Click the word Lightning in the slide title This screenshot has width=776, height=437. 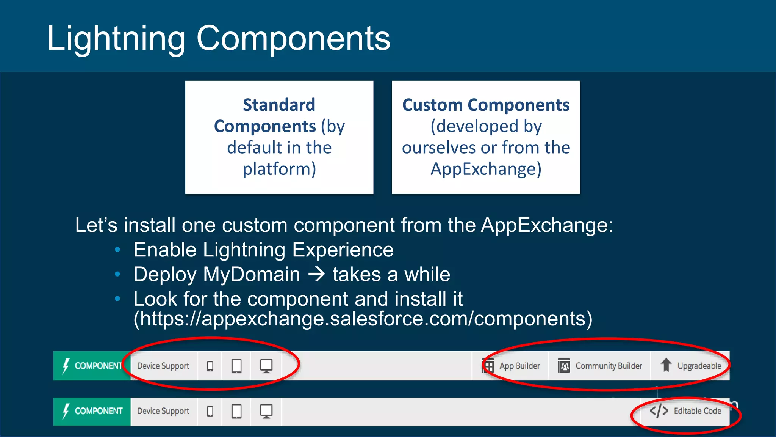click(x=116, y=39)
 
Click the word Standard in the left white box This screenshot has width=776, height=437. click(x=279, y=105)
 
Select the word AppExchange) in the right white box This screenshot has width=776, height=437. click(x=486, y=169)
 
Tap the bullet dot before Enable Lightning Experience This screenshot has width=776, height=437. click(x=117, y=250)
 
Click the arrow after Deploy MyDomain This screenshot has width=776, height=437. click(x=317, y=274)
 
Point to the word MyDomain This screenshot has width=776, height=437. click(x=252, y=274)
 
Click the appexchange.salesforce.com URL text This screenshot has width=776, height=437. click(x=363, y=319)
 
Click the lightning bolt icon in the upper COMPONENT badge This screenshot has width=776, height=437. click(x=66, y=366)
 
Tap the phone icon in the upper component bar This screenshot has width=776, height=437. click(x=210, y=366)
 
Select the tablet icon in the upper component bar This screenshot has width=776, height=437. click(x=236, y=366)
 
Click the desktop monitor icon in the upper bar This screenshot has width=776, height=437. click(x=266, y=366)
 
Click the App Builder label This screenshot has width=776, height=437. click(x=519, y=366)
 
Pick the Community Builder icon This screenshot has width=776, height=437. click(x=564, y=366)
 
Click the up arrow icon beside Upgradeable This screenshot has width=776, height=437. click(x=666, y=365)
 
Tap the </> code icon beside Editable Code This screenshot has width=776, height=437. click(x=659, y=411)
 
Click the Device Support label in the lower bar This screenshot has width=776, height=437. click(x=163, y=411)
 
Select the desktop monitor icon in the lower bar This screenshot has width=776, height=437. click(x=266, y=411)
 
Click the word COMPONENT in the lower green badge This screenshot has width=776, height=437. click(x=99, y=411)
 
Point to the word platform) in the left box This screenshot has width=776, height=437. click(x=279, y=169)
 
